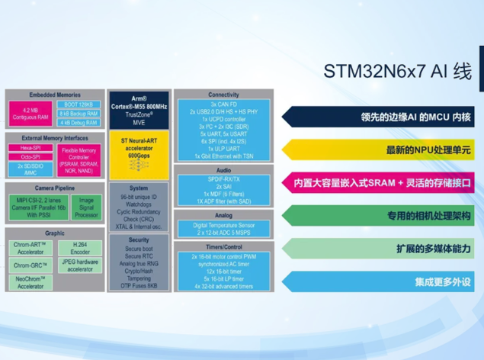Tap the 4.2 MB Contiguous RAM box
click(x=30, y=114)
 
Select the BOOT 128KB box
click(x=81, y=104)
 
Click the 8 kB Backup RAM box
click(x=81, y=113)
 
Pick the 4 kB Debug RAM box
click(x=81, y=122)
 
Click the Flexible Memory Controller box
click(x=80, y=158)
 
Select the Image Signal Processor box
click(x=86, y=206)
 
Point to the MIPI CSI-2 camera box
click(x=37, y=206)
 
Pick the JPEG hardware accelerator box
click(x=80, y=265)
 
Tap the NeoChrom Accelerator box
click(x=30, y=282)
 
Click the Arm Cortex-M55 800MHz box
click(x=138, y=108)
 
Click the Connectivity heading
click(x=223, y=95)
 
